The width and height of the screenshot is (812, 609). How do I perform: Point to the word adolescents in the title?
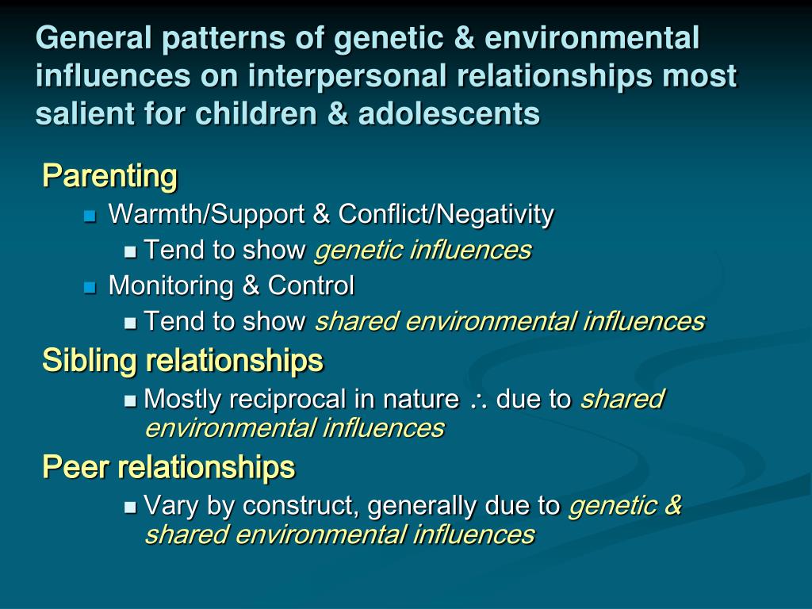click(x=449, y=114)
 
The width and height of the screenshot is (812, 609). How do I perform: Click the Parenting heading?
click(x=109, y=175)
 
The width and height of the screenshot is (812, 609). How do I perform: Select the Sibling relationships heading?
click(x=182, y=361)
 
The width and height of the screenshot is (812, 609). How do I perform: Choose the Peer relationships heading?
click(x=168, y=467)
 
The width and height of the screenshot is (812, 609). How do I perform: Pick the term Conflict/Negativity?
click(x=446, y=214)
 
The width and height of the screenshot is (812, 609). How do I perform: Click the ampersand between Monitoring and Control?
click(x=251, y=285)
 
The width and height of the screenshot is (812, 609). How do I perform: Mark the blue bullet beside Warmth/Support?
click(x=90, y=215)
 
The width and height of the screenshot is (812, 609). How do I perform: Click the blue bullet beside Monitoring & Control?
click(x=90, y=286)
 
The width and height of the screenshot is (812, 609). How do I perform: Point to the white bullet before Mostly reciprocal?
click(x=131, y=400)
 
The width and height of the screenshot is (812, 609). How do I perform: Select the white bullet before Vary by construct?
click(x=131, y=507)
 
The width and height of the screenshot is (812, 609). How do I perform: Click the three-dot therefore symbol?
click(x=477, y=401)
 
